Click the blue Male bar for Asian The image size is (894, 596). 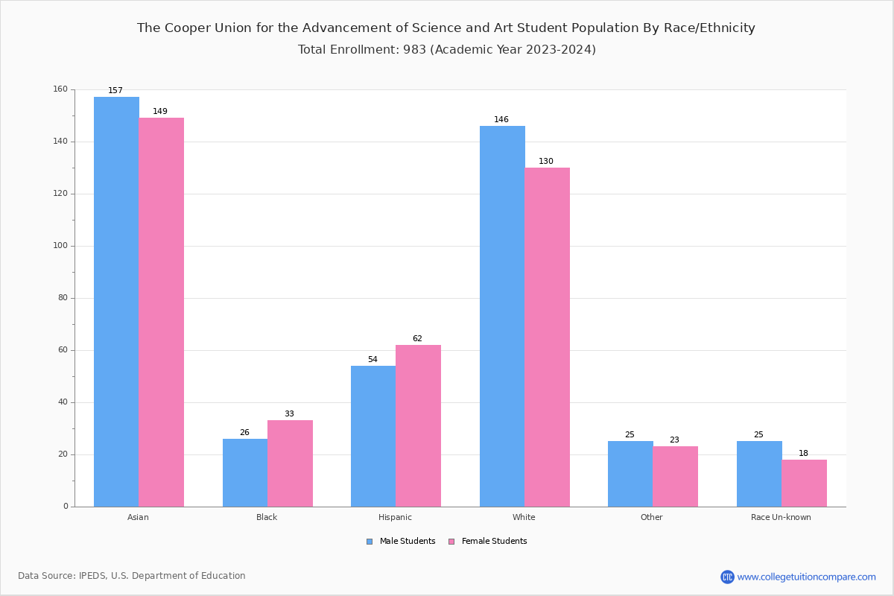tap(116, 302)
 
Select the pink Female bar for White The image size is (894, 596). tap(547, 337)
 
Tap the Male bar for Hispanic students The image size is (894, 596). tap(373, 436)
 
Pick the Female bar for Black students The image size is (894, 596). tap(290, 463)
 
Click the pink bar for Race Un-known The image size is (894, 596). tap(804, 483)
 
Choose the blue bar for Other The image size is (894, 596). tap(630, 474)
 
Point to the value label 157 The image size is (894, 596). tap(115, 91)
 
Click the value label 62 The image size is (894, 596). tap(417, 339)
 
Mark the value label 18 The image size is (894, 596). tap(803, 454)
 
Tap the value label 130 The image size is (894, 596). tap(546, 162)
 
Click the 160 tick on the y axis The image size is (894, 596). tap(60, 89)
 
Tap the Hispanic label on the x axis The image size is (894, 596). tap(395, 517)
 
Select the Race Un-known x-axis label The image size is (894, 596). tap(781, 517)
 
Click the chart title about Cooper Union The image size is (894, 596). tap(446, 28)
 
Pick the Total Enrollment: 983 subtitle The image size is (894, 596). tap(446, 50)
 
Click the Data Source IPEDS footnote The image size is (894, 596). tap(132, 576)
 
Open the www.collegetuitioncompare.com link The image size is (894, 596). tap(806, 577)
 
